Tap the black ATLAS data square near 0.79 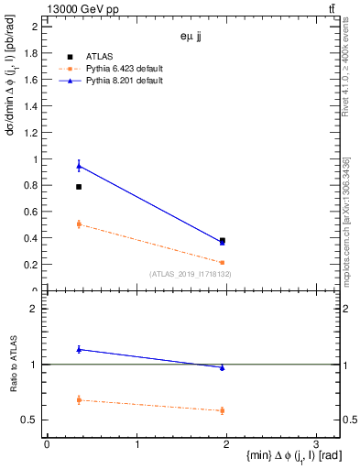click(x=79, y=187)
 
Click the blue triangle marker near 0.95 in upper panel click(x=79, y=165)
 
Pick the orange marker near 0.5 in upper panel click(x=79, y=224)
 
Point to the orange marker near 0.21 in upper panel click(x=222, y=262)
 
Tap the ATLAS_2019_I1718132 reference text click(x=191, y=273)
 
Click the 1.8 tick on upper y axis click(x=32, y=53)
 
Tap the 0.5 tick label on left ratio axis click(x=31, y=420)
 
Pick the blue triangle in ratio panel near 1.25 click(x=79, y=349)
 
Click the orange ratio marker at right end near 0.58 click(x=222, y=410)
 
